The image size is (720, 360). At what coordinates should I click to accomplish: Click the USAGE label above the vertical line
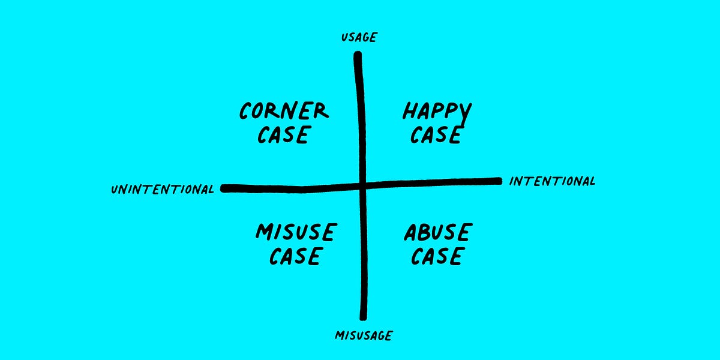[359, 37]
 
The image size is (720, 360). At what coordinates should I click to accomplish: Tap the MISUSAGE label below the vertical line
[364, 335]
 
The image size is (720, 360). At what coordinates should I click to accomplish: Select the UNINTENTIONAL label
[163, 190]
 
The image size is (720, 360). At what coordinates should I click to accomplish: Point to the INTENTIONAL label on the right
[552, 181]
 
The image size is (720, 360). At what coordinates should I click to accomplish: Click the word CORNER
[284, 110]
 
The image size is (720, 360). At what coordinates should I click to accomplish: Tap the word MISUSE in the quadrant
[296, 232]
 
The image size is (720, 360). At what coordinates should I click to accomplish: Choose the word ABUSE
[438, 232]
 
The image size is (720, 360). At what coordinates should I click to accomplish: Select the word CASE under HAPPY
[436, 134]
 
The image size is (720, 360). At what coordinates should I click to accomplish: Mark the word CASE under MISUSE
[295, 256]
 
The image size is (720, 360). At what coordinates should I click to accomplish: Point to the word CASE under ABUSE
[437, 256]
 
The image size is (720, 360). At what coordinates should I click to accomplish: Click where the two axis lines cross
[362, 186]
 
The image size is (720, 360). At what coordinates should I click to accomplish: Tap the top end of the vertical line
[358, 53]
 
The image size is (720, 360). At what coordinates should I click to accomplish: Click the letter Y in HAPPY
[465, 113]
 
